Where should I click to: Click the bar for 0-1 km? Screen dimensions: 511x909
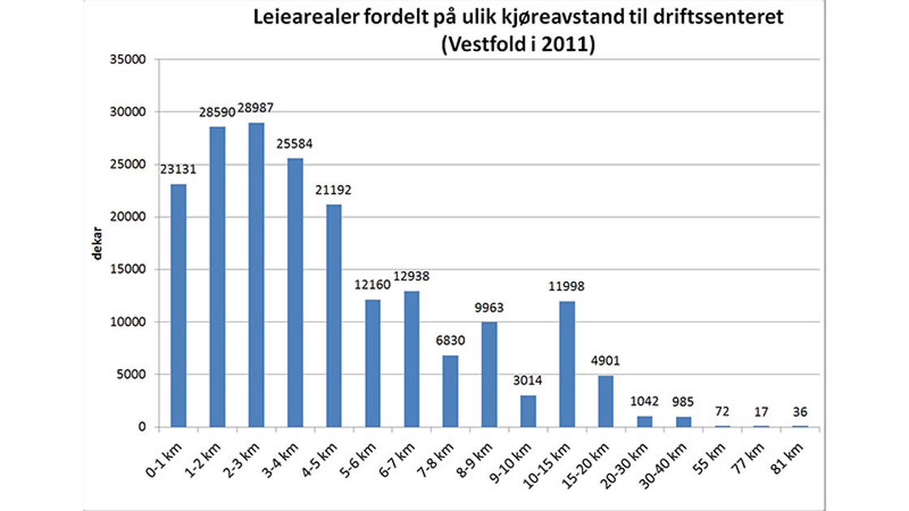pyautogui.click(x=178, y=305)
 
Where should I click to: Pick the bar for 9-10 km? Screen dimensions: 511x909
pyautogui.click(x=528, y=410)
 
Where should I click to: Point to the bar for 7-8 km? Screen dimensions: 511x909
pyautogui.click(x=450, y=391)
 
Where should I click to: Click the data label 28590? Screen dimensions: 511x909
pyautogui.click(x=218, y=110)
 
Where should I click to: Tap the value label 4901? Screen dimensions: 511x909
pyautogui.click(x=605, y=361)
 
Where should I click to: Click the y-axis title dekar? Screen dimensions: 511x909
pyautogui.click(x=97, y=243)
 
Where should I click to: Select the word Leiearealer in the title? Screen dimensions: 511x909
pyautogui.click(x=295, y=18)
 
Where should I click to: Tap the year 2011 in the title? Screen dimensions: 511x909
pyautogui.click(x=567, y=45)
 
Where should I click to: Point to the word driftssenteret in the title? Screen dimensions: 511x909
pyautogui.click(x=722, y=18)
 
